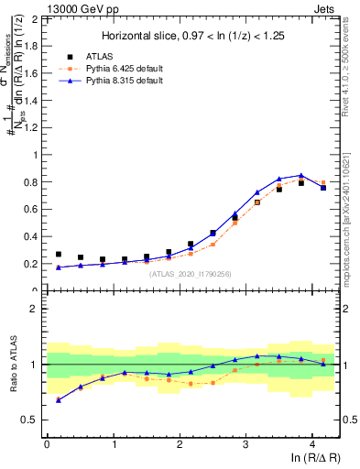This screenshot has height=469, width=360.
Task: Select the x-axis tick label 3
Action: [245, 444]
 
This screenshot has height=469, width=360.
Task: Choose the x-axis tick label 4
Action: [312, 444]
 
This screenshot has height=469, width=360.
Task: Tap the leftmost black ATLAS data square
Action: [59, 255]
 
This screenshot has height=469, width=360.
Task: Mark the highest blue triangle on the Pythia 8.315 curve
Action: [301, 175]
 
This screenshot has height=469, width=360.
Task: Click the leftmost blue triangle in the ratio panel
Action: [59, 399]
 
